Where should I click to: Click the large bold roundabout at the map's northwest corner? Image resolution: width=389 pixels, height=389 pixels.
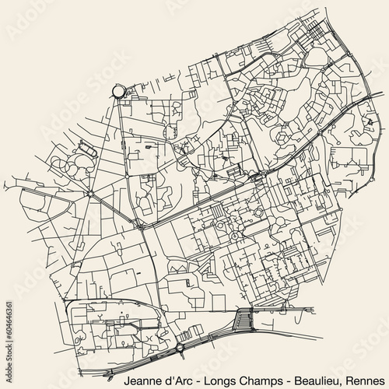[x=119, y=92]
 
